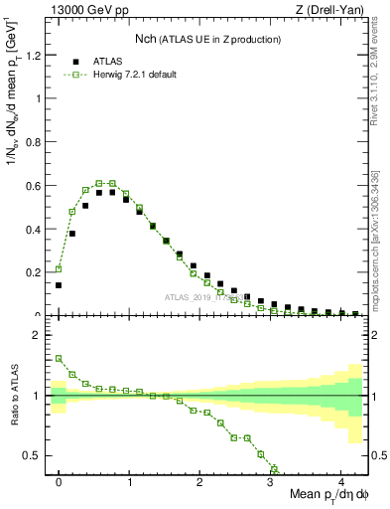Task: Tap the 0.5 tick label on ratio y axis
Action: pyautogui.click(x=33, y=455)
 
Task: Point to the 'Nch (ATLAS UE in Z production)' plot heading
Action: pyautogui.click(x=208, y=39)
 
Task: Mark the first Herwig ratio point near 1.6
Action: pyautogui.click(x=59, y=359)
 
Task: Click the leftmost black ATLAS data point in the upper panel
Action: pyautogui.click(x=59, y=285)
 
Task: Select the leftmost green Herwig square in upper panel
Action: pyautogui.click(x=59, y=268)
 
